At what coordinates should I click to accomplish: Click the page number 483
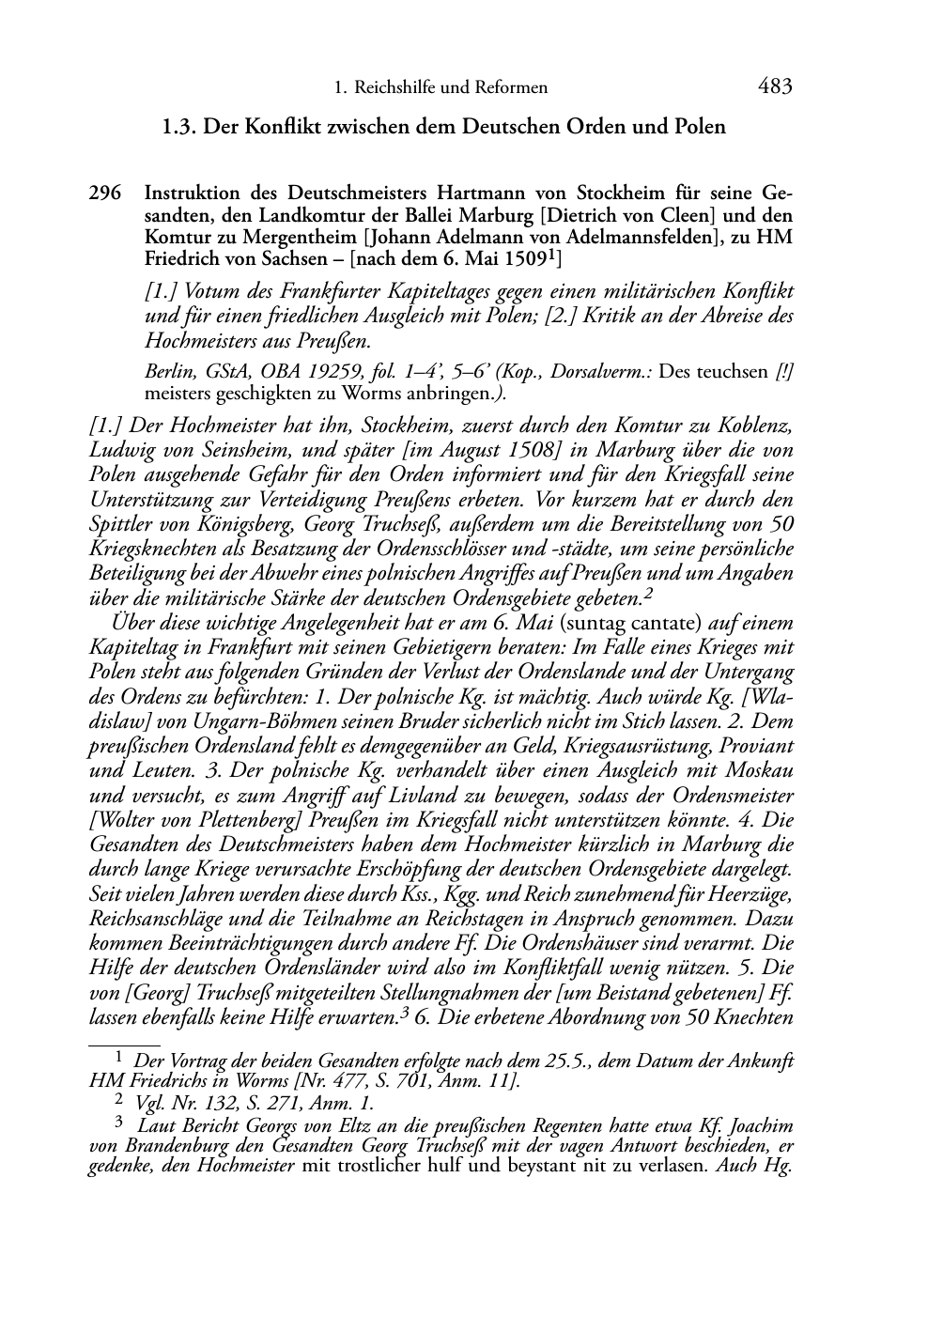(x=775, y=87)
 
